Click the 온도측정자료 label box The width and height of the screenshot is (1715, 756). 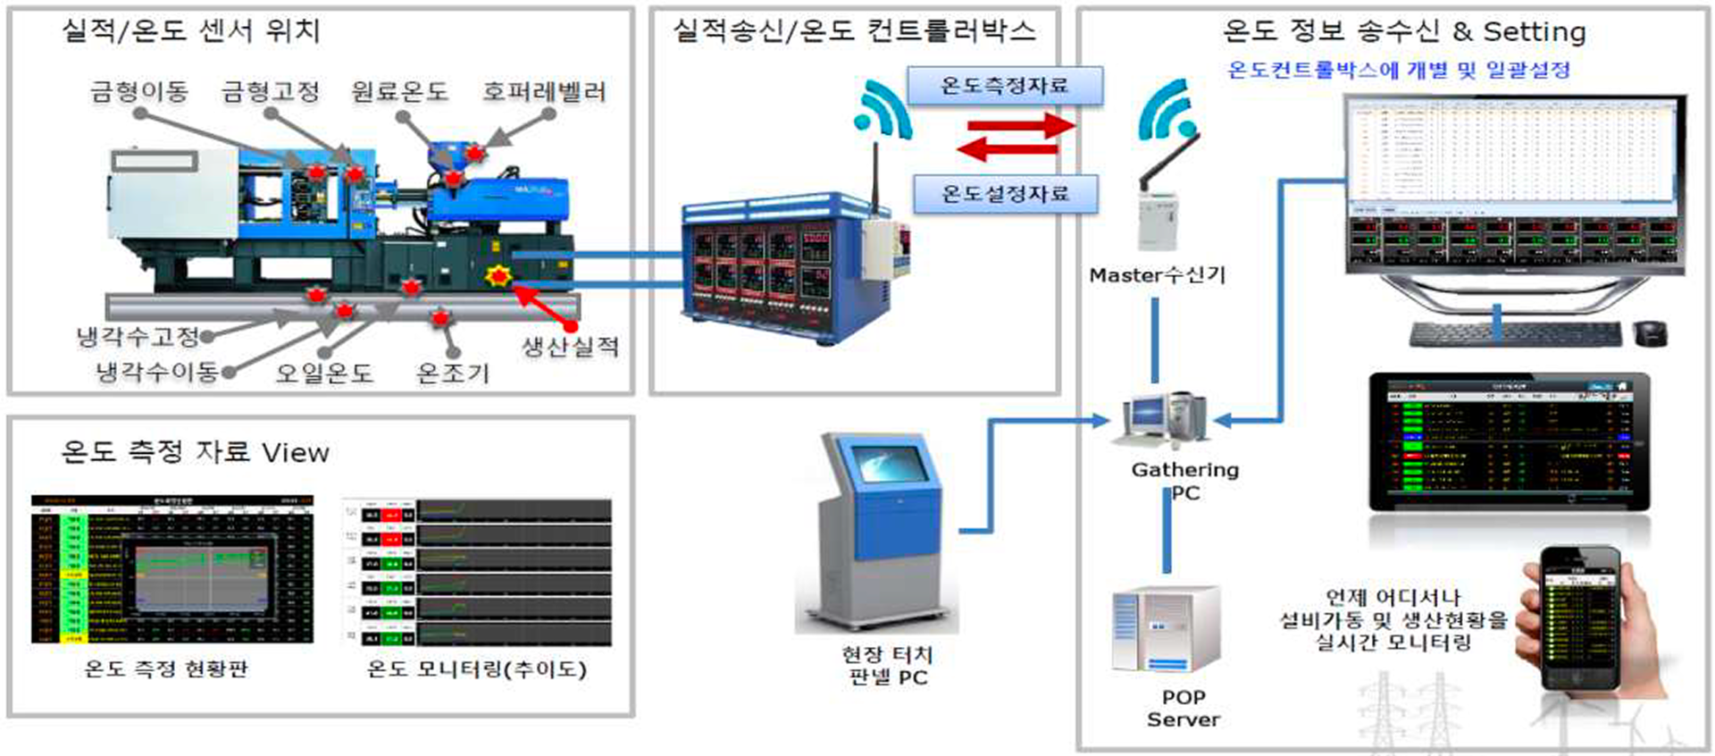1005,86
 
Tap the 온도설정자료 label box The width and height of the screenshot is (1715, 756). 1005,194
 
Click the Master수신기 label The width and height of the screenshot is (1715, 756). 1157,275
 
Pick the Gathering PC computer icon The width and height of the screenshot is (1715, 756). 1161,418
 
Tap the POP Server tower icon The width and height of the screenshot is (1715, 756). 1165,631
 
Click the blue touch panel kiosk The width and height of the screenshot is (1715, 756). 880,532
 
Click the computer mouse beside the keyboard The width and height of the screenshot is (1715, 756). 1651,334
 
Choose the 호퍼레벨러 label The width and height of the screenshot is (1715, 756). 544,92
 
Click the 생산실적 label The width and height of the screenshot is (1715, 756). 571,347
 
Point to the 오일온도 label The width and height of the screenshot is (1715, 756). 323,374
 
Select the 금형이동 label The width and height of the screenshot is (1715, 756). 139,92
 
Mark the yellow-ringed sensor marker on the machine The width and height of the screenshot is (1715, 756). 498,275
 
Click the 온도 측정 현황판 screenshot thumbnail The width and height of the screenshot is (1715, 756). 172,568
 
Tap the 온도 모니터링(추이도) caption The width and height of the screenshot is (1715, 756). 477,669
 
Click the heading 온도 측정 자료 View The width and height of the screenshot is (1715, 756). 195,452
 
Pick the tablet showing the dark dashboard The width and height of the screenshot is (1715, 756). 1509,442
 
